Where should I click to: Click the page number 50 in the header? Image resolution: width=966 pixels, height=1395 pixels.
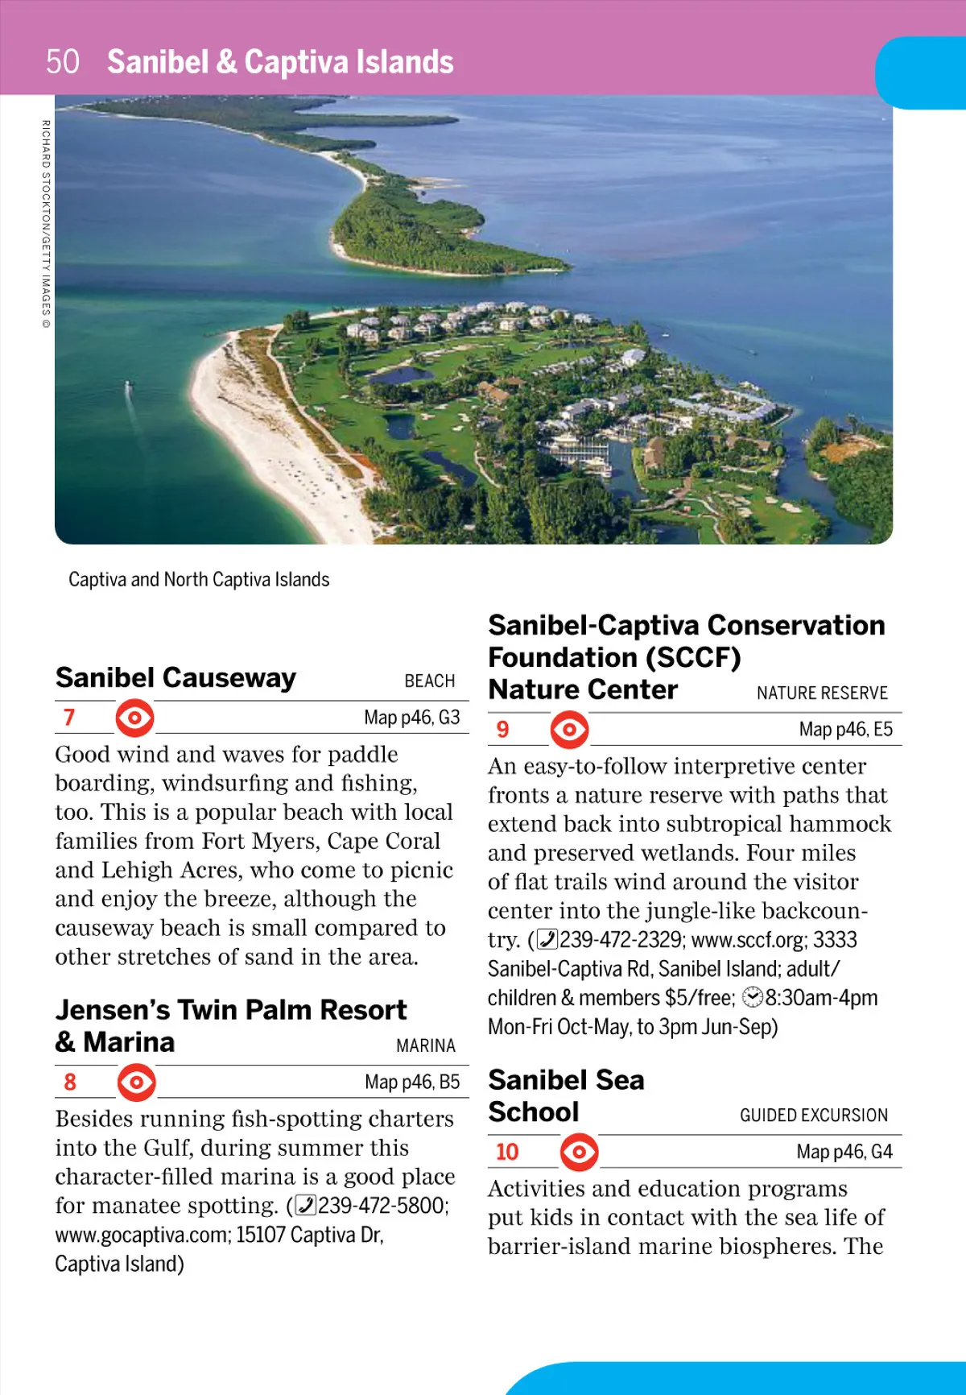[63, 62]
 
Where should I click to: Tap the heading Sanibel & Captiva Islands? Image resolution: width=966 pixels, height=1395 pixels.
[280, 62]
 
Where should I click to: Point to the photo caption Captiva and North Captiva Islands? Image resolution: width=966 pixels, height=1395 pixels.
[199, 580]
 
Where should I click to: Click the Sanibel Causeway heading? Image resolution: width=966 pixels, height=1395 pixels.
[175, 678]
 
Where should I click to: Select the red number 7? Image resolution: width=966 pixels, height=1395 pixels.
[69, 717]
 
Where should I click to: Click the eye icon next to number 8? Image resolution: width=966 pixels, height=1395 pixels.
[136, 1082]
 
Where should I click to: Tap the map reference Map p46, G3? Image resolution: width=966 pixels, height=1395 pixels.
[411, 718]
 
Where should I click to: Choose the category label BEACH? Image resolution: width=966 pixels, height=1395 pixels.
[429, 681]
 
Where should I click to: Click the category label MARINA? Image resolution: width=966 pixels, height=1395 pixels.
[425, 1045]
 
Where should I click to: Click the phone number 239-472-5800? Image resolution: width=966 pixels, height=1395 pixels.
[382, 1206]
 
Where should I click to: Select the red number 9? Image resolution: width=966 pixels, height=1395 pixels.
[502, 729]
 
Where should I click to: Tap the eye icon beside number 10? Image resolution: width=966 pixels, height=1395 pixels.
[579, 1152]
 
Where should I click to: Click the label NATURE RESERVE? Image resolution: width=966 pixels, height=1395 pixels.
[821, 693]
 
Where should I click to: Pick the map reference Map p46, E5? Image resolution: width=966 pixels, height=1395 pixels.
[845, 730]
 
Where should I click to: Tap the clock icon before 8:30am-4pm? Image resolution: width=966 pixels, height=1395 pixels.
[752, 998]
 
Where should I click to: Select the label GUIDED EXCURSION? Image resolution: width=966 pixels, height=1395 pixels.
[813, 1116]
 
